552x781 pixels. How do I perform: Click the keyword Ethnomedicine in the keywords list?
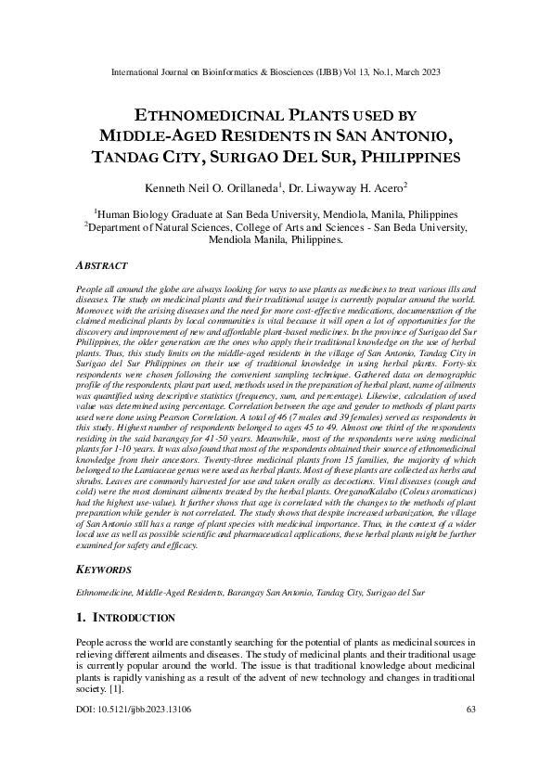(103, 590)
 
